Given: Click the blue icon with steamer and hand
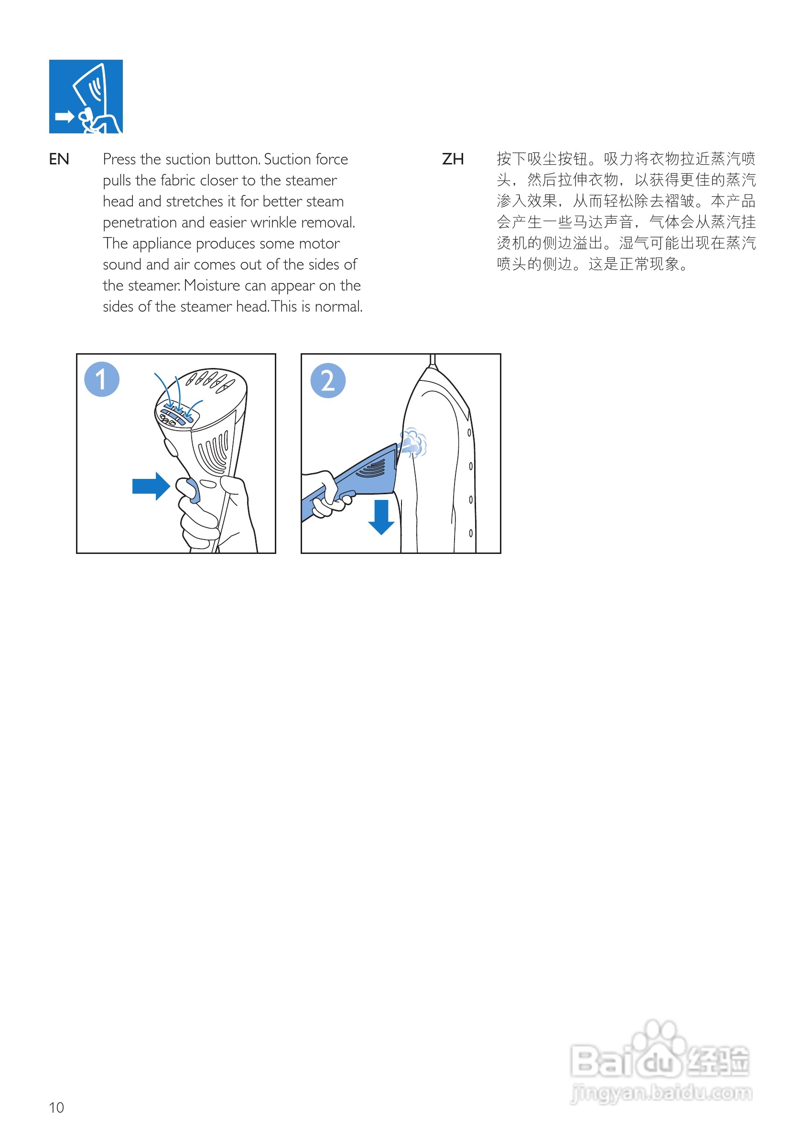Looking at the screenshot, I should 86,96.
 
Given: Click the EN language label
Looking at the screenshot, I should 58,159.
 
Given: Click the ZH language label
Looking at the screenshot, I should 453,159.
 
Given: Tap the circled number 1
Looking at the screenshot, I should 102,379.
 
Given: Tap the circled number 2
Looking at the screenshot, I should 328,380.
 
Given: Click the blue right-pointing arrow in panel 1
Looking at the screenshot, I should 151,486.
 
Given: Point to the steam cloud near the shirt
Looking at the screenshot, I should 414,442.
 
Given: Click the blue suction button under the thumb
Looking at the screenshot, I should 193,491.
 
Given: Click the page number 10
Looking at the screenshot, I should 56,1107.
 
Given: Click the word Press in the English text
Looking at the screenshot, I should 119,159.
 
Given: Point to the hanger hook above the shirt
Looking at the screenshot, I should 432,360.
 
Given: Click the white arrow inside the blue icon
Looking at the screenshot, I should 64,117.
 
